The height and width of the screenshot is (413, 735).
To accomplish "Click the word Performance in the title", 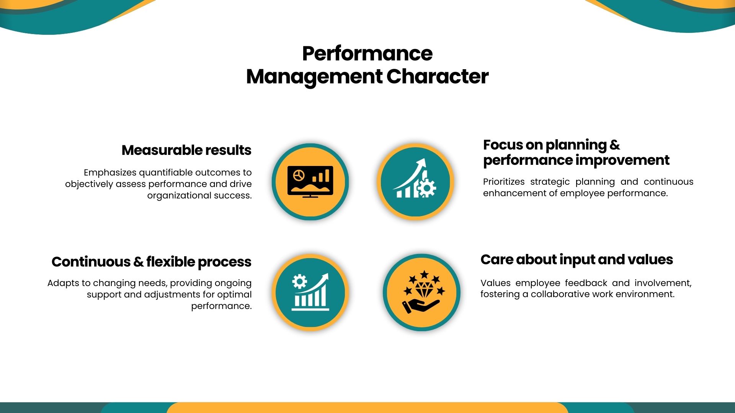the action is [x=367, y=54].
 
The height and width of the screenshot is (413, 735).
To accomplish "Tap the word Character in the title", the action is [x=438, y=76].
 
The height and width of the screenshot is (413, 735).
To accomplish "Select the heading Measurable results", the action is [x=186, y=150].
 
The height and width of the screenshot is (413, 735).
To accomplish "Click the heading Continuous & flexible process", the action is [x=152, y=262].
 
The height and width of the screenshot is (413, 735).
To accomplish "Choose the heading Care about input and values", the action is [x=577, y=260].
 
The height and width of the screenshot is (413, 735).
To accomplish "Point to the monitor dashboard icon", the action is [x=310, y=182].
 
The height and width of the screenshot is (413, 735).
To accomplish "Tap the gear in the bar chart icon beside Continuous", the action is [x=299, y=281].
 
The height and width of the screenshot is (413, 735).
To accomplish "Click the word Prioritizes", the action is [x=504, y=182].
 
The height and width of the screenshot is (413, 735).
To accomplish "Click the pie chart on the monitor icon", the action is [x=299, y=176].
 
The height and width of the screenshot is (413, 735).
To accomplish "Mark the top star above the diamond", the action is [x=424, y=274].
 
